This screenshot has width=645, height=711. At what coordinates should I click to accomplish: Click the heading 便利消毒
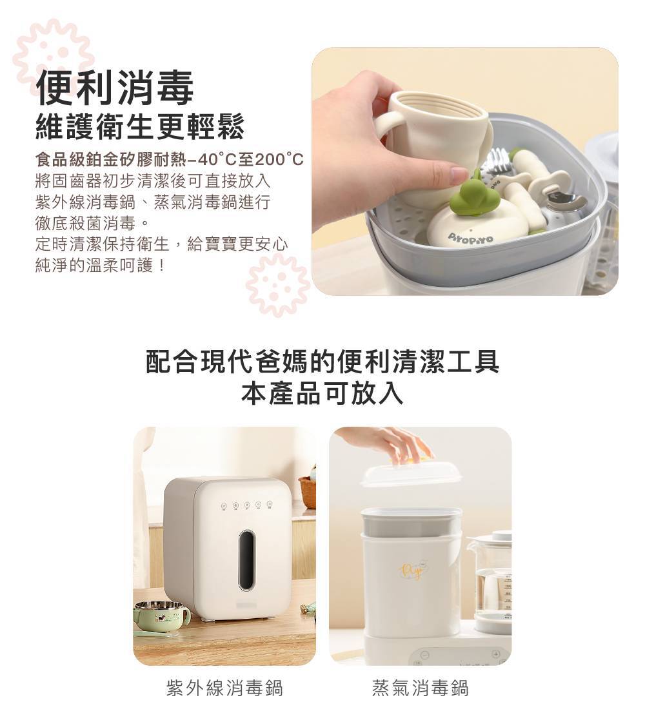pos(115,88)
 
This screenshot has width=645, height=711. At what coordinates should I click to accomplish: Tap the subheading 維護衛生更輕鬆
pos(140,126)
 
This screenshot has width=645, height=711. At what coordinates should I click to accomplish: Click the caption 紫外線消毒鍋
pos(224,688)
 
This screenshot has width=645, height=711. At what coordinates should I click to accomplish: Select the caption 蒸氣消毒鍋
pos(420,688)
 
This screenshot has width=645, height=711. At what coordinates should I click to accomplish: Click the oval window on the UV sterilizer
pos(246,560)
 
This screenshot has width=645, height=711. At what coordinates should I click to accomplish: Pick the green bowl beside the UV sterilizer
pos(161,615)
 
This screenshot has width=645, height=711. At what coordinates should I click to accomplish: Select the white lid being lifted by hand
pos(412,472)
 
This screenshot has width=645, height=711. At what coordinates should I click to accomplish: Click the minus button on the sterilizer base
pos(424,654)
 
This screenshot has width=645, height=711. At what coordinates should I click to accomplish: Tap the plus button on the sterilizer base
pos(496,654)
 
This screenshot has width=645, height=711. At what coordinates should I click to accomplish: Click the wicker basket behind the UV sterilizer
pos(308,491)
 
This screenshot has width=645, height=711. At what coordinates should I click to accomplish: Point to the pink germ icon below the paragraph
pos(277,284)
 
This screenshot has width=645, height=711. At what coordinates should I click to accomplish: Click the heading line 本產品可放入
pos(322,393)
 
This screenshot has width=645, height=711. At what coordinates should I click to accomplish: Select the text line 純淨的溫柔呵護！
pos(101,266)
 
